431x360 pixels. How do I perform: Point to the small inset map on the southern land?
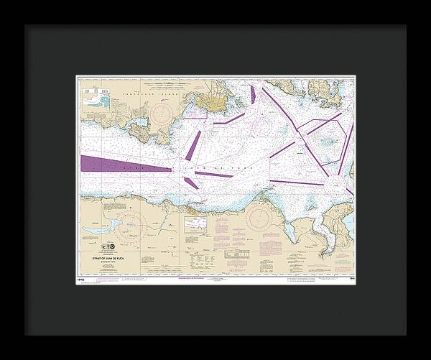point(195,224)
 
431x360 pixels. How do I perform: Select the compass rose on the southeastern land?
point(259,217)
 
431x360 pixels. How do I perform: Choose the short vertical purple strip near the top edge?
point(252,95)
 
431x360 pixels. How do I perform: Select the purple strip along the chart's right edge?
point(346,148)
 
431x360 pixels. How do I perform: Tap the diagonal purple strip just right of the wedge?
point(193,146)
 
